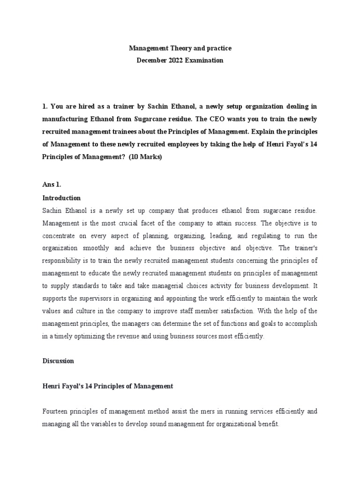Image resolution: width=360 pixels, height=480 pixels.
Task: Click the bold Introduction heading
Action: tap(61, 198)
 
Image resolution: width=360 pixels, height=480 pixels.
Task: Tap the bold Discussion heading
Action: tap(58, 361)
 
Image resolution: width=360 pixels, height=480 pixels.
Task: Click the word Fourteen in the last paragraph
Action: tap(56, 412)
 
